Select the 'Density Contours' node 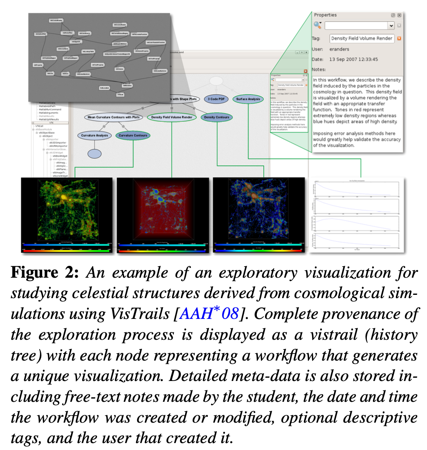pos(217,117)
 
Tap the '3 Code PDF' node pos(216,99)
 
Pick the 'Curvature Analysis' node pos(94,135)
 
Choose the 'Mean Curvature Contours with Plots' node pos(113,117)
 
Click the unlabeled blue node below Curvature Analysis pos(94,154)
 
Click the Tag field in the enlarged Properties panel pos(362,38)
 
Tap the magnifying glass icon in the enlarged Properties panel pos(317,25)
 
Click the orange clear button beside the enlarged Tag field pos(399,38)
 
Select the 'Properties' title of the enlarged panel pos(326,15)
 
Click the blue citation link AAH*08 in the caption pos(215,314)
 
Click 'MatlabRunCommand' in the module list pos(50,109)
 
